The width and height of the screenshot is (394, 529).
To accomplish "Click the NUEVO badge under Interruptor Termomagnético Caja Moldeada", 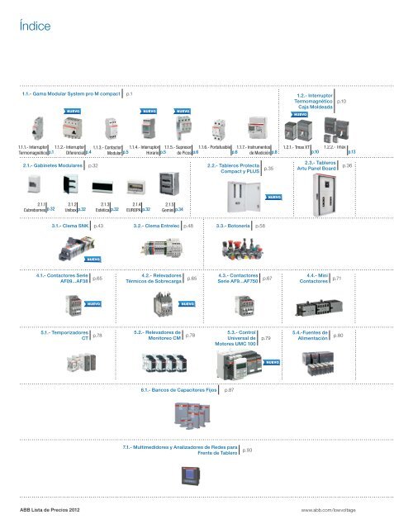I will click(301, 115).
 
